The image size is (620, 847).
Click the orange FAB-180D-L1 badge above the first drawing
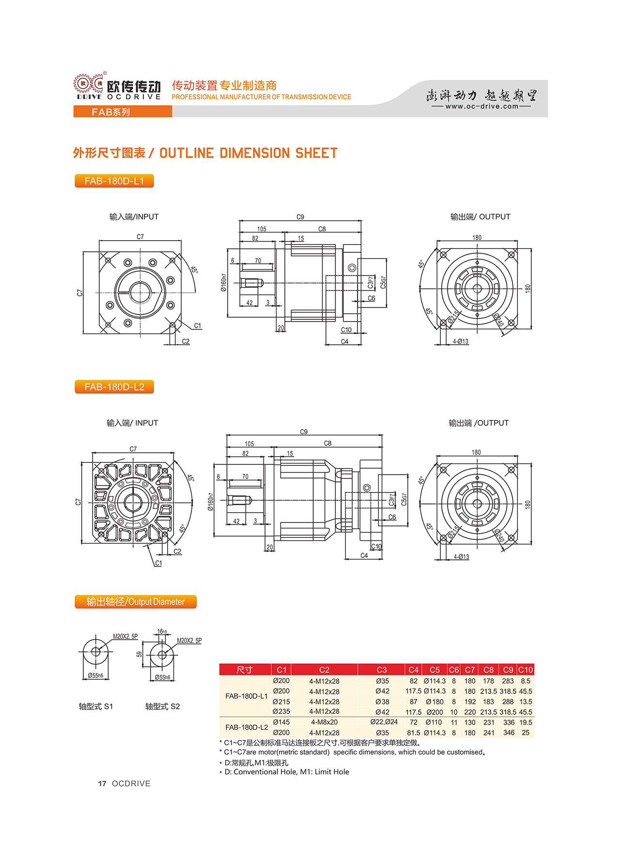tap(114, 181)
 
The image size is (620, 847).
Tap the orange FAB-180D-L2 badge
tap(114, 387)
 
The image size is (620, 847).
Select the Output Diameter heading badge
tap(136, 602)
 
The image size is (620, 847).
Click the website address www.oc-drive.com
tap(481, 107)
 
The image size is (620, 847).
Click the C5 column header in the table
tap(434, 670)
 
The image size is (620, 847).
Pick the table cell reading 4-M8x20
tap(324, 722)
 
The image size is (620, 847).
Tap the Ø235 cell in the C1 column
tap(281, 711)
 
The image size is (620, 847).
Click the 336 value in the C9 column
tap(509, 722)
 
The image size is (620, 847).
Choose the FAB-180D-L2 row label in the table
tap(247, 727)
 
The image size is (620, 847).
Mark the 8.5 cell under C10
tap(526, 681)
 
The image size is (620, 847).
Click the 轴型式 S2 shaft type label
tap(162, 707)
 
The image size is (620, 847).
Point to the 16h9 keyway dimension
tap(162, 631)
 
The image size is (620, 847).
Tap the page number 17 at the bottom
tap(102, 784)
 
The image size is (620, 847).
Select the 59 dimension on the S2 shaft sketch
tap(139, 654)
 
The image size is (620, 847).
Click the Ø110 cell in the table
tap(434, 722)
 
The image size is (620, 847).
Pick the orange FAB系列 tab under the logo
tap(111, 112)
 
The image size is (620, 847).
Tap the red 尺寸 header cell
tap(245, 670)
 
